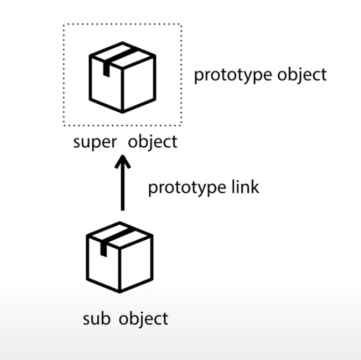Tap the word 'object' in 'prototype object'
tap(301, 75)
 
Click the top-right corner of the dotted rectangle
tap(181, 24)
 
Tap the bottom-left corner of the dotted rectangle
tap(64, 125)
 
